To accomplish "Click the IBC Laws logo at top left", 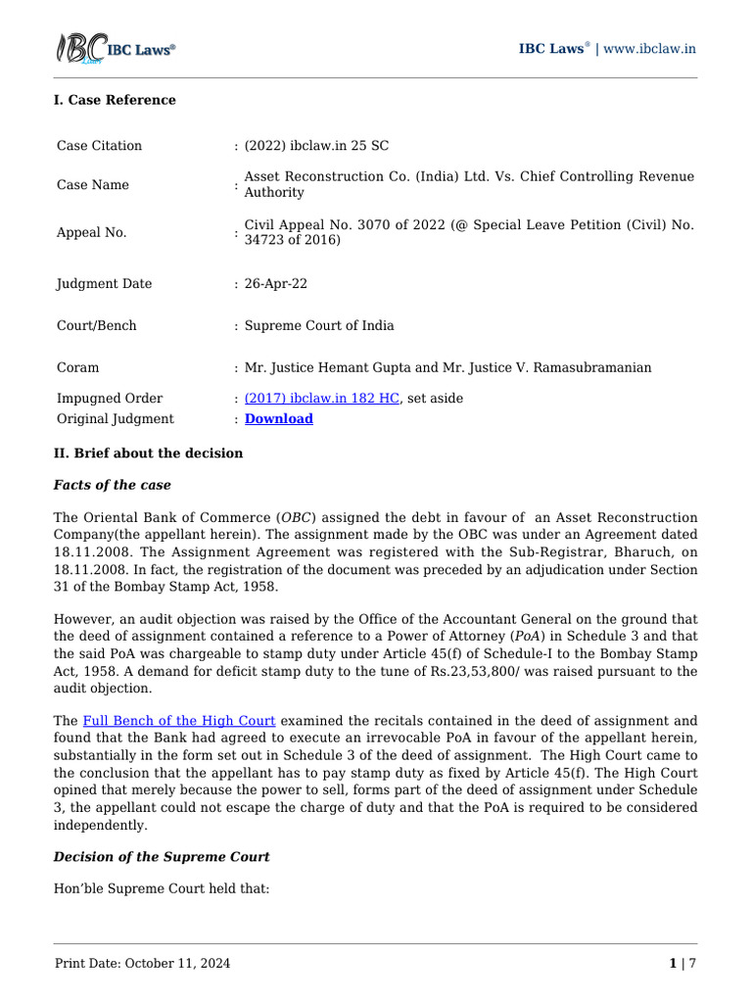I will (x=115, y=49).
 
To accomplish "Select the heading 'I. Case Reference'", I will (x=115, y=100).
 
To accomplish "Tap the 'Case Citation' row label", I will (x=99, y=146).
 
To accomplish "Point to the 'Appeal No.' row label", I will (x=91, y=233).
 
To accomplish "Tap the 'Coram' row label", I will (x=77, y=367).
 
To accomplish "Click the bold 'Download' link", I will (x=278, y=419).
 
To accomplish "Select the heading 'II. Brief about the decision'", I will (x=148, y=454).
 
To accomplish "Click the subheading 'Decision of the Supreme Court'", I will (x=162, y=857).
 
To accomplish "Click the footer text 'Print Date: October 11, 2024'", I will (x=143, y=964).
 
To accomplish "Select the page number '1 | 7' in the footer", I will (x=681, y=964).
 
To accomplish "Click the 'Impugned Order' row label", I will (x=110, y=399).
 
